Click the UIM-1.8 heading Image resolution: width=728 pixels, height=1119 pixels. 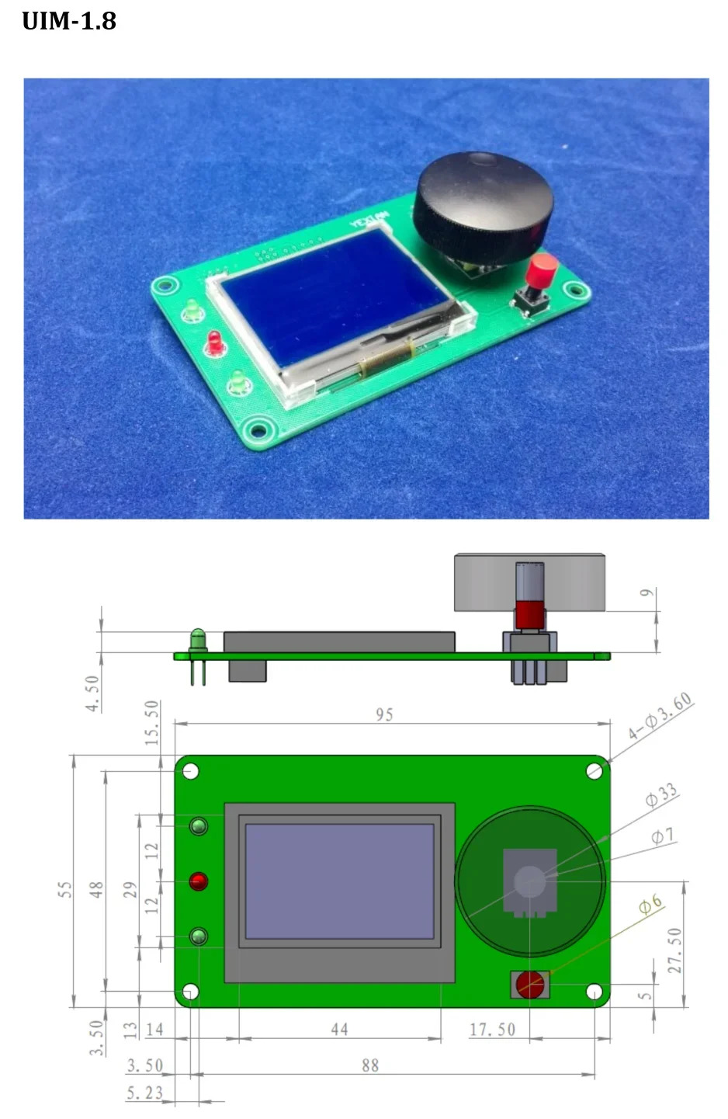coord(69,21)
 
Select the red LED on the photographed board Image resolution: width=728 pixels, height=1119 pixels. coord(214,341)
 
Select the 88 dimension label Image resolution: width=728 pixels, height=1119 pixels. coord(370,1065)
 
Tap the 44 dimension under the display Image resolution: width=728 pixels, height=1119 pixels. coord(339,1030)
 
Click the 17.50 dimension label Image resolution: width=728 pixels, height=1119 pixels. coord(492,1030)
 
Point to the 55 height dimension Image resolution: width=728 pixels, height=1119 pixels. coord(65,890)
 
